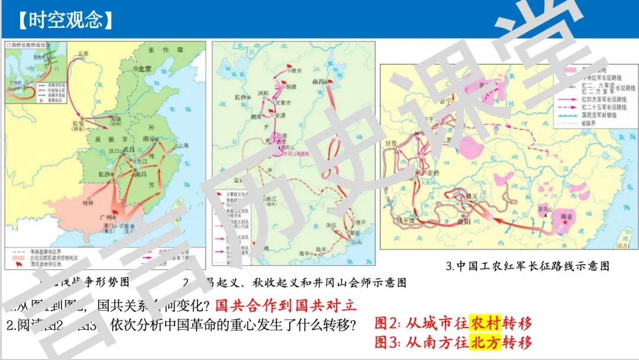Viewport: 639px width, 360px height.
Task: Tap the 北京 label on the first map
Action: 144,69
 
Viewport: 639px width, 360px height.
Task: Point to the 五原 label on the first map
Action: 82,54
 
